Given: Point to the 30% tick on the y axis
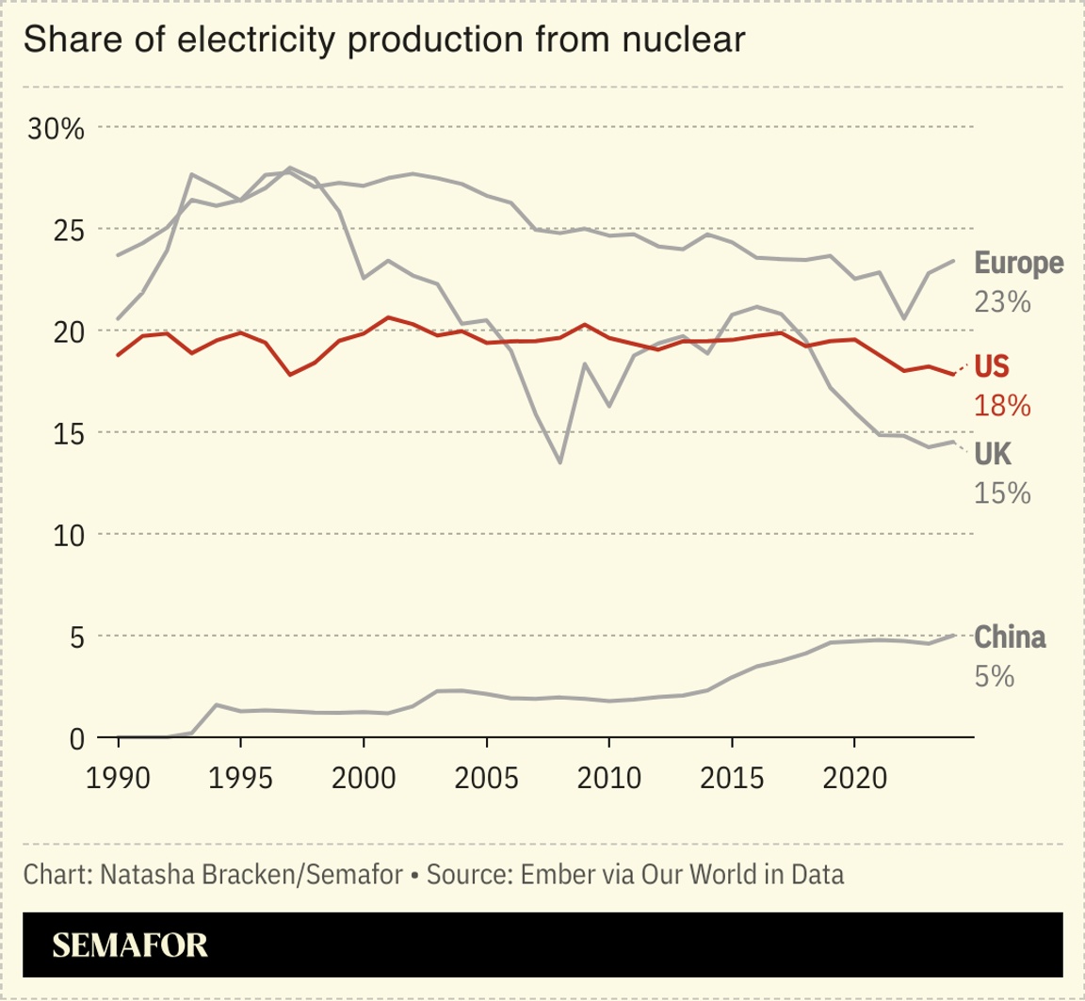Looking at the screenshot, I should click(57, 128).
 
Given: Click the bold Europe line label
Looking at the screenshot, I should click(1018, 263).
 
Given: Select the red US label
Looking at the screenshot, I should click(996, 365).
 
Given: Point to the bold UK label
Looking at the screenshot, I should click(993, 455).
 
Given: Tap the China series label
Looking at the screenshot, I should click(1009, 638).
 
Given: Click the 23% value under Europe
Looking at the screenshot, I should click(1002, 302).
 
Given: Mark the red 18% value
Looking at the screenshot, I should click(1002, 405).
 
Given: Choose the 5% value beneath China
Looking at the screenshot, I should click(994, 676).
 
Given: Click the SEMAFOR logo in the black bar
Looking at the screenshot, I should click(130, 945).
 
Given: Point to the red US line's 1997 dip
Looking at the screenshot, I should click(290, 375).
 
